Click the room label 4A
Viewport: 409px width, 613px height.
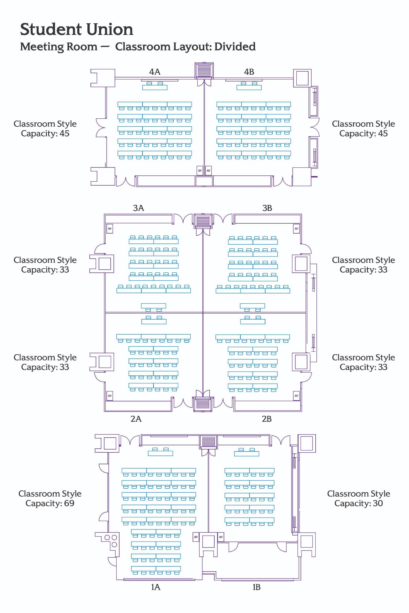(155, 72)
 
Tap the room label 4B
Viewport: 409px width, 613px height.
(249, 72)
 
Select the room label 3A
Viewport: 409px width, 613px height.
(139, 208)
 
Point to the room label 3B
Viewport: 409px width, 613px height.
(267, 208)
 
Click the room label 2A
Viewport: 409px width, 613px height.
(136, 419)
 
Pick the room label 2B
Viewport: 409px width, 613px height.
(267, 419)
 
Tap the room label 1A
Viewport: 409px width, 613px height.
(156, 587)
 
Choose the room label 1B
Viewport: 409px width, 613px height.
(256, 587)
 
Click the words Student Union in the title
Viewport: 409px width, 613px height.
(77, 30)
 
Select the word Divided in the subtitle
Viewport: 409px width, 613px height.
(235, 47)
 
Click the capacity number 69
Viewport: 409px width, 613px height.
(69, 503)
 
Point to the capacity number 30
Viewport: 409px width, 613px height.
(378, 503)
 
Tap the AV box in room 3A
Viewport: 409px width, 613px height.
(110, 228)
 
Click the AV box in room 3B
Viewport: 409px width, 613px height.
(296, 228)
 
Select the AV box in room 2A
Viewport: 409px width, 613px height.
(110, 396)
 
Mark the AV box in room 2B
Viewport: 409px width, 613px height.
(296, 396)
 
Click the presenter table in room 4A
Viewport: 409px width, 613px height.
(155, 87)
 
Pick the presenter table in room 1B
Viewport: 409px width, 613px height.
(246, 454)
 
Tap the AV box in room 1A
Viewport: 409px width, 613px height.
(196, 537)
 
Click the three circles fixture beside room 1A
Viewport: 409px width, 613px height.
(111, 540)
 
